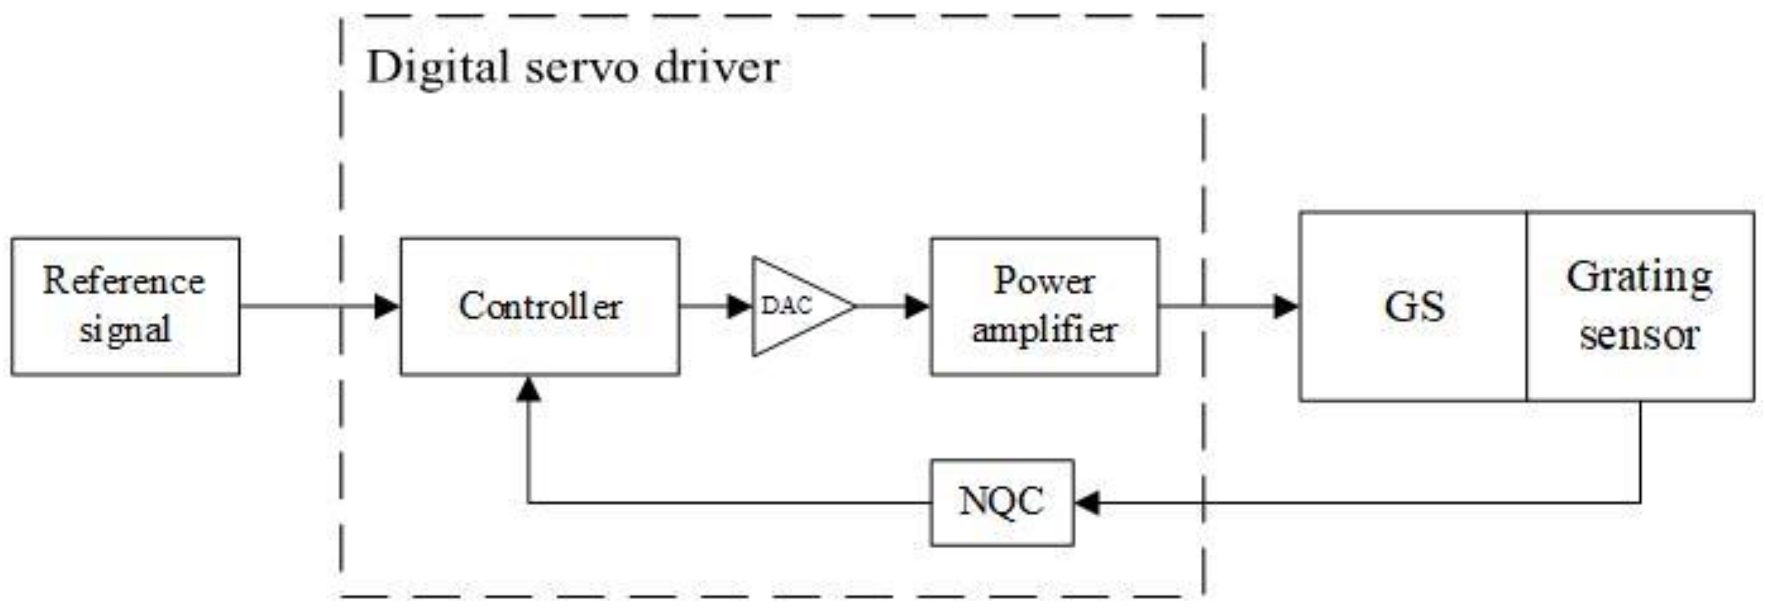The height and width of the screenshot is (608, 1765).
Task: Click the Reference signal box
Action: (125, 306)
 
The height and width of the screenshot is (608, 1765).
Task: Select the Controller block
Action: (540, 306)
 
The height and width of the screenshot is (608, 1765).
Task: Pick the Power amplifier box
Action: (1044, 306)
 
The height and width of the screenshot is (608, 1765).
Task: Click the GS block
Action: (1413, 306)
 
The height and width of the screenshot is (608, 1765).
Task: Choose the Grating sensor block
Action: (1640, 306)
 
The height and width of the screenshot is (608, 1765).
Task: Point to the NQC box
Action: (1002, 502)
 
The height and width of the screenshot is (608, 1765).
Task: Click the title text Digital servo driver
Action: (573, 68)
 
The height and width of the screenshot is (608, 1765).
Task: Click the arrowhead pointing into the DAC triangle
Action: (740, 306)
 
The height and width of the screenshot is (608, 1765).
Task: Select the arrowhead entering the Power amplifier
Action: (917, 306)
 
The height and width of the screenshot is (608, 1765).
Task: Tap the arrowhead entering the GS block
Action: (1286, 306)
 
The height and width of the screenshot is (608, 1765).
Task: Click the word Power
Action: (1044, 281)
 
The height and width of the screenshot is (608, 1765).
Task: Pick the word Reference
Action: (124, 281)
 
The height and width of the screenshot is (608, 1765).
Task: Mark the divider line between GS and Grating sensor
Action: (1527, 306)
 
